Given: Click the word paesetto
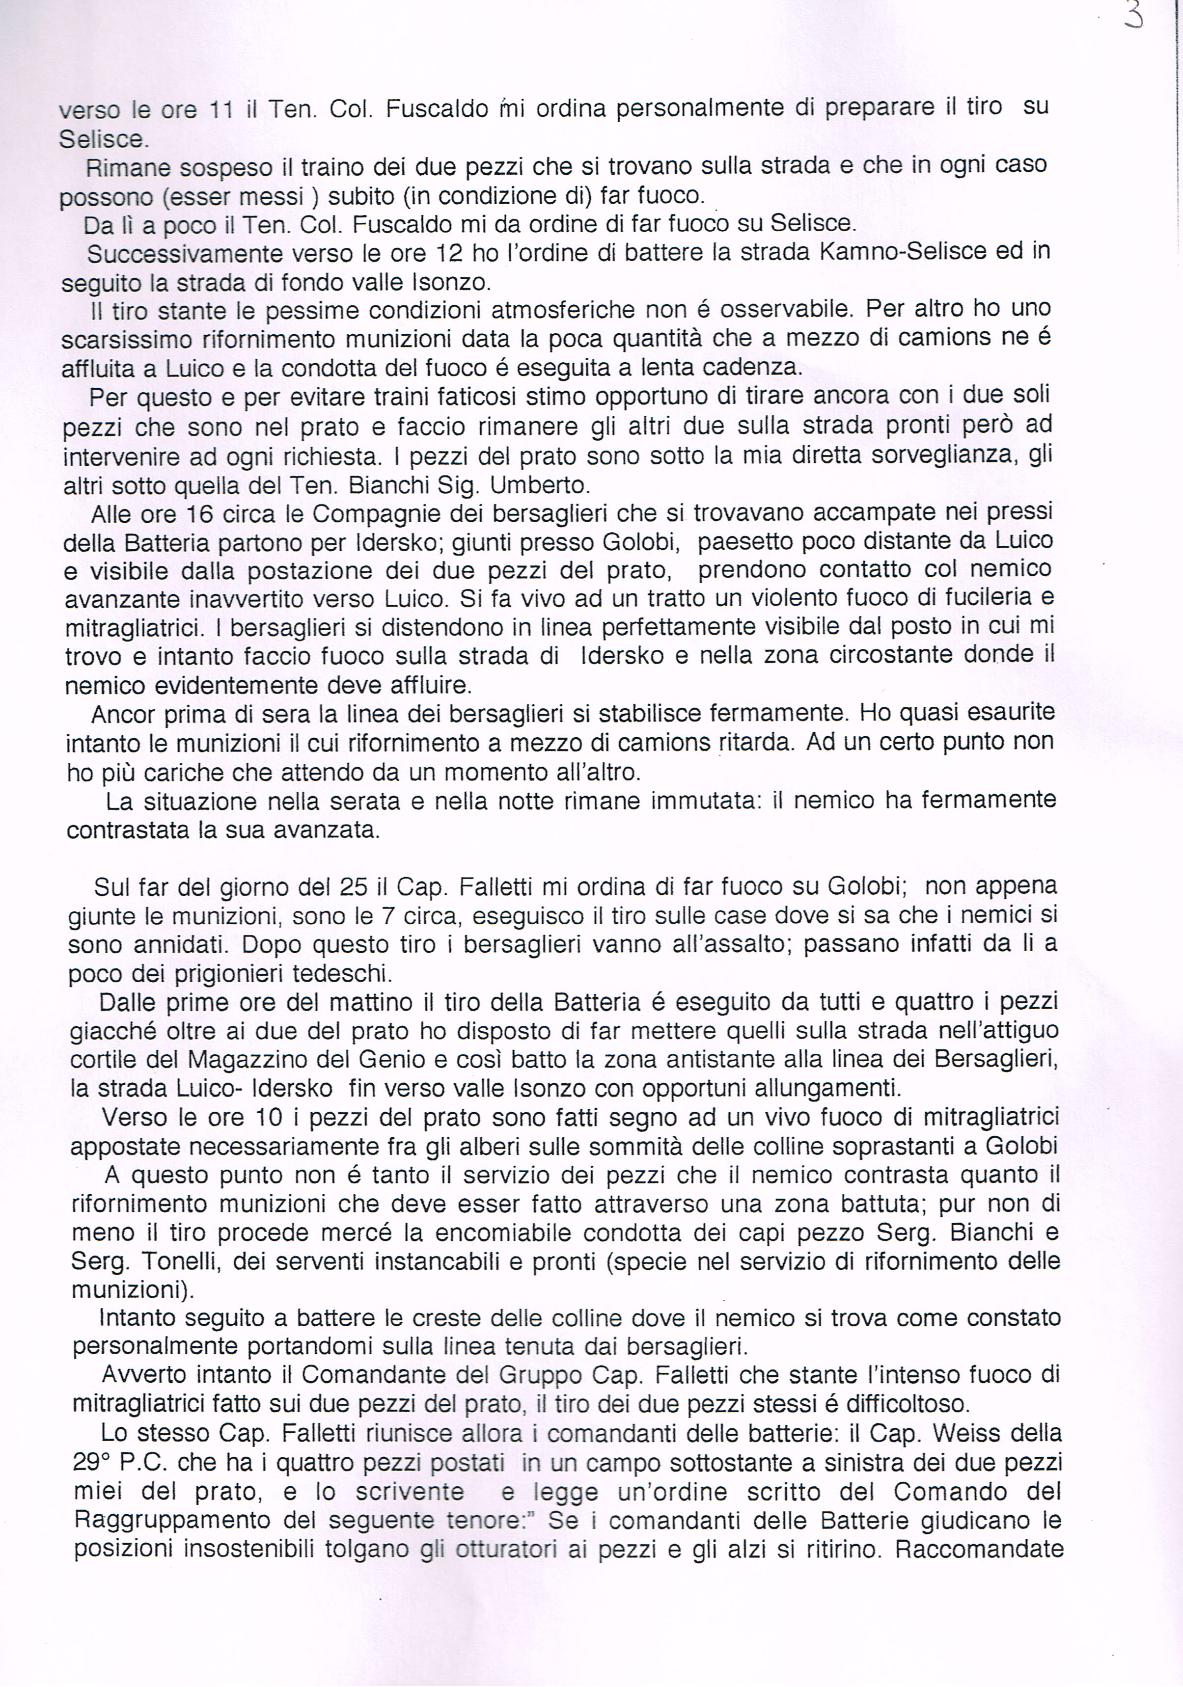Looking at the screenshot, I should click(751, 542).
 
